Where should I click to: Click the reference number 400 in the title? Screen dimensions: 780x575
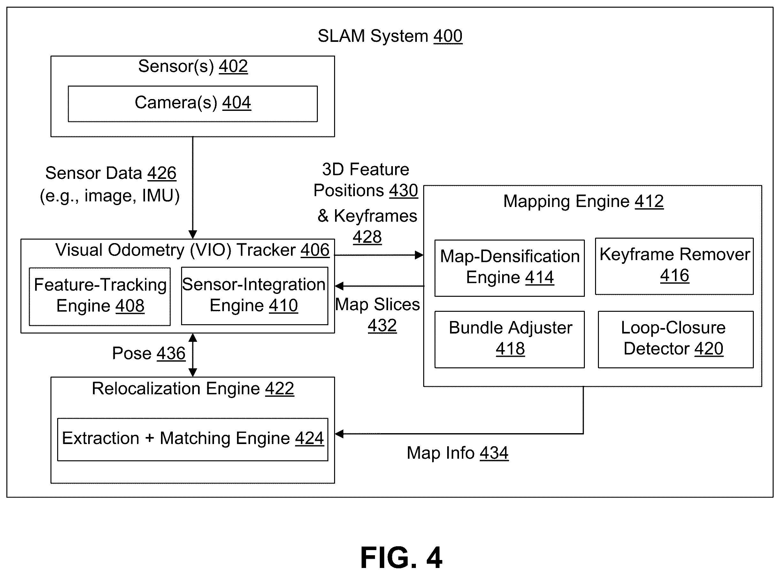tap(448, 36)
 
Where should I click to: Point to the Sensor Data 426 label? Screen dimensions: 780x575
tap(111, 173)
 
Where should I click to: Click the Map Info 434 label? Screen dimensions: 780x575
tap(457, 453)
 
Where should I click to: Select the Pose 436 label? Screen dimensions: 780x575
tap(149, 353)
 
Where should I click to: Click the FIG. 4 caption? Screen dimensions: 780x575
tap(401, 557)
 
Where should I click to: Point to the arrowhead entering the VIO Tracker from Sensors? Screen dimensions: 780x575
tap(193, 234)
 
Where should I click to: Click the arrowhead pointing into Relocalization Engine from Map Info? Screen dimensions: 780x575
tap(339, 434)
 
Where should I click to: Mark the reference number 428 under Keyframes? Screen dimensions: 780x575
tap(367, 237)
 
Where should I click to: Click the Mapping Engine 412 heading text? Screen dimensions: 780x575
tap(583, 201)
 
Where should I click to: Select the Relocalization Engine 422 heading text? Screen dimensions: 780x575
tap(193, 388)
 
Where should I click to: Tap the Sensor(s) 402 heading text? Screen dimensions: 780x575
tap(193, 66)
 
